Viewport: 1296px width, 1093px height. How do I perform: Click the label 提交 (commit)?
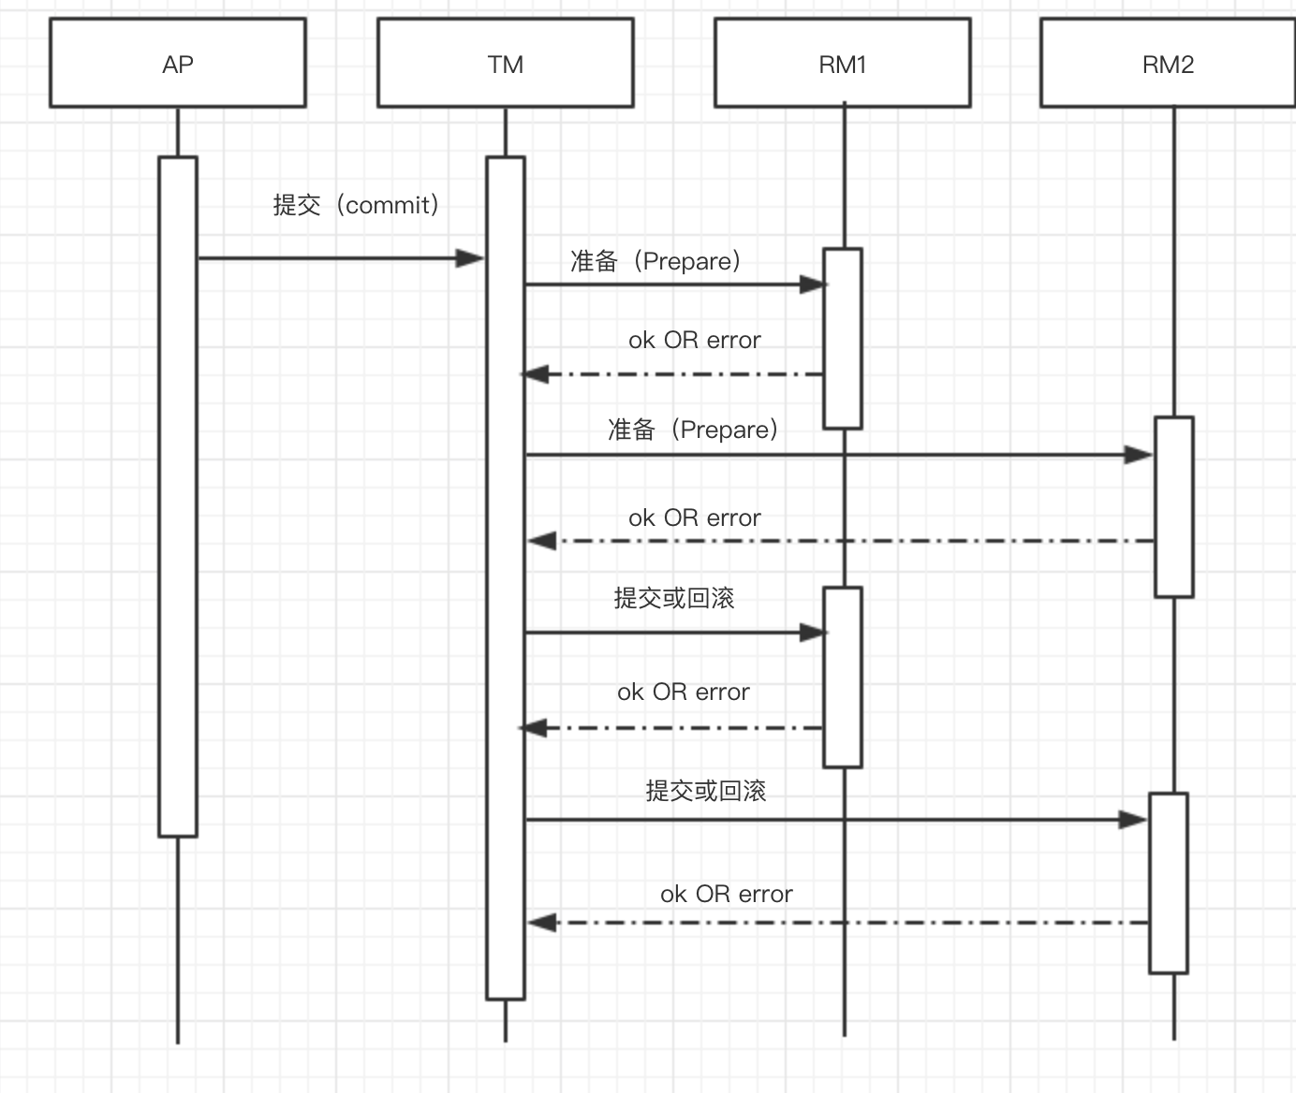[x=356, y=205]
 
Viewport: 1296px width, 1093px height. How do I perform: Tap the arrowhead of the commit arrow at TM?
[x=470, y=258]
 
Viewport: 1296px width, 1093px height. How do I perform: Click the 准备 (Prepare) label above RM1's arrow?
[x=655, y=261]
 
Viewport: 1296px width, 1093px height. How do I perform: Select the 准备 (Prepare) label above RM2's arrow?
[x=693, y=430]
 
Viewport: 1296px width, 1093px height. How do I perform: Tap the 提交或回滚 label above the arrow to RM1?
[x=674, y=598]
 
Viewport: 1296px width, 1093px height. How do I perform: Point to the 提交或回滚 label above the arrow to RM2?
[x=706, y=791]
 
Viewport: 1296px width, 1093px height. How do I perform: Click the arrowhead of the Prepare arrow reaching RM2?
[x=1139, y=455]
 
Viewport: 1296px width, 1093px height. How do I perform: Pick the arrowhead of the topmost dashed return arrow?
[x=535, y=374]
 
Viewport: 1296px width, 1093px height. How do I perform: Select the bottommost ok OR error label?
[x=727, y=894]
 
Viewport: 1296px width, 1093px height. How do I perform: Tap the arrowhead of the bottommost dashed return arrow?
[x=542, y=923]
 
